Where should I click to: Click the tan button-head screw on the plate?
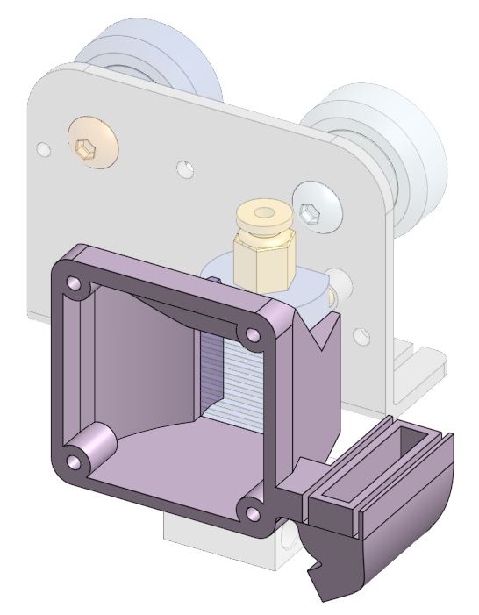91,143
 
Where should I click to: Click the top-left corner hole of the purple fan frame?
74,283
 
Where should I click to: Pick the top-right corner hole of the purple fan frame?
254,334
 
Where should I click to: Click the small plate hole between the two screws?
185,167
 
